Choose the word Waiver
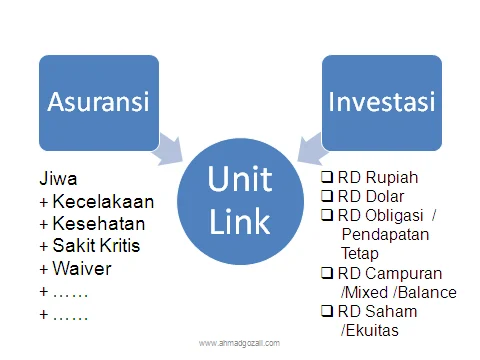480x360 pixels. (x=80, y=269)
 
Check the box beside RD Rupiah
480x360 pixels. (x=327, y=178)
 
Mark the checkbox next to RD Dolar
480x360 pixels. (x=327, y=196)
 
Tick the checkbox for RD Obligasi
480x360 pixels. (x=327, y=215)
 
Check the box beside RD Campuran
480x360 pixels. (x=327, y=273)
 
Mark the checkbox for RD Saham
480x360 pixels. (x=327, y=311)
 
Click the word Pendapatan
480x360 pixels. (x=385, y=234)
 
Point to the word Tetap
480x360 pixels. (x=360, y=253)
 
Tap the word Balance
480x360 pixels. (x=426, y=292)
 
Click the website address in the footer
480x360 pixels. (x=240, y=343)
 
